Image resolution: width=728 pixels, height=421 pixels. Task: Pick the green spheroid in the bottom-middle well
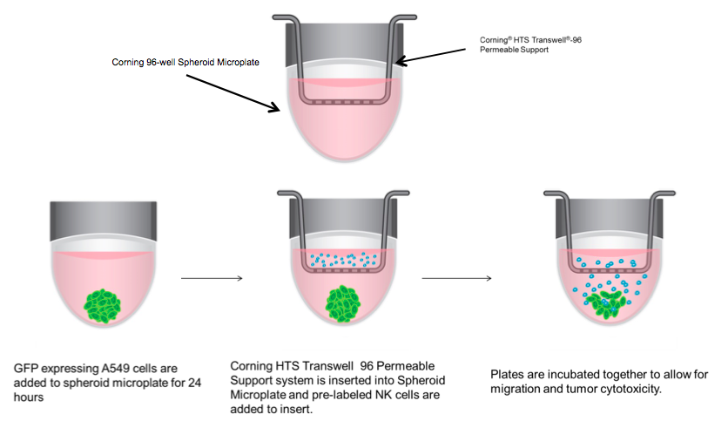tap(343, 306)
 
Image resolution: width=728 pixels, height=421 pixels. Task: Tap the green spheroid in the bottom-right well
tap(603, 302)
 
